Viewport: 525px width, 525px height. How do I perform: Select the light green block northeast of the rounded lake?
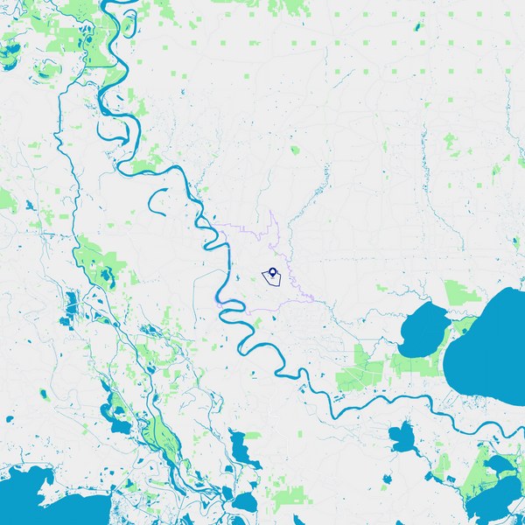458,293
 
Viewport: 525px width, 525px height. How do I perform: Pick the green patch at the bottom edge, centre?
288,500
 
